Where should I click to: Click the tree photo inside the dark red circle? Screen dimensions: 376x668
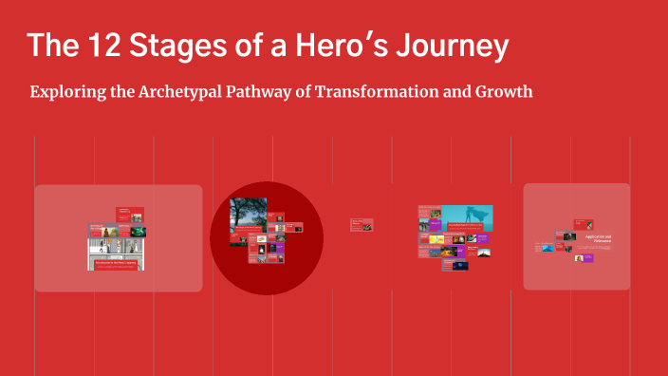click(248, 221)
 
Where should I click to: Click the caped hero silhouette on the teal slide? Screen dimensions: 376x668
click(474, 217)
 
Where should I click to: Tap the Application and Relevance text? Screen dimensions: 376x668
click(598, 239)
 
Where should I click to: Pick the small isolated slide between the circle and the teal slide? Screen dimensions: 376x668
click(362, 225)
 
